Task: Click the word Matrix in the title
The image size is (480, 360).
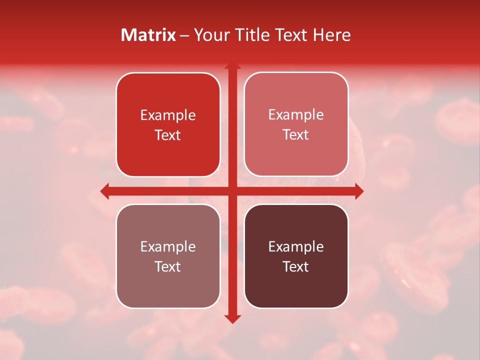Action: tap(148, 35)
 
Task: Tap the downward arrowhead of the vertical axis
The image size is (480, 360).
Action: tap(232, 318)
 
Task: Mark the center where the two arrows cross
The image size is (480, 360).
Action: tap(232, 191)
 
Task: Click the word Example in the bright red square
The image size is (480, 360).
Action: tap(168, 115)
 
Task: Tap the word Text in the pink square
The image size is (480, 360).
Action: tap(296, 135)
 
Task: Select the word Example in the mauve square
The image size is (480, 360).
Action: tap(168, 246)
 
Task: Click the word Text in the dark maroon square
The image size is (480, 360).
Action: tap(296, 266)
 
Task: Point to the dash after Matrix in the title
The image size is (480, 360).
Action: tap(185, 35)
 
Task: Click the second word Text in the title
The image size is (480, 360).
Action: tap(291, 35)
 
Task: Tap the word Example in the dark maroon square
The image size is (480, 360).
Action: tap(296, 246)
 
